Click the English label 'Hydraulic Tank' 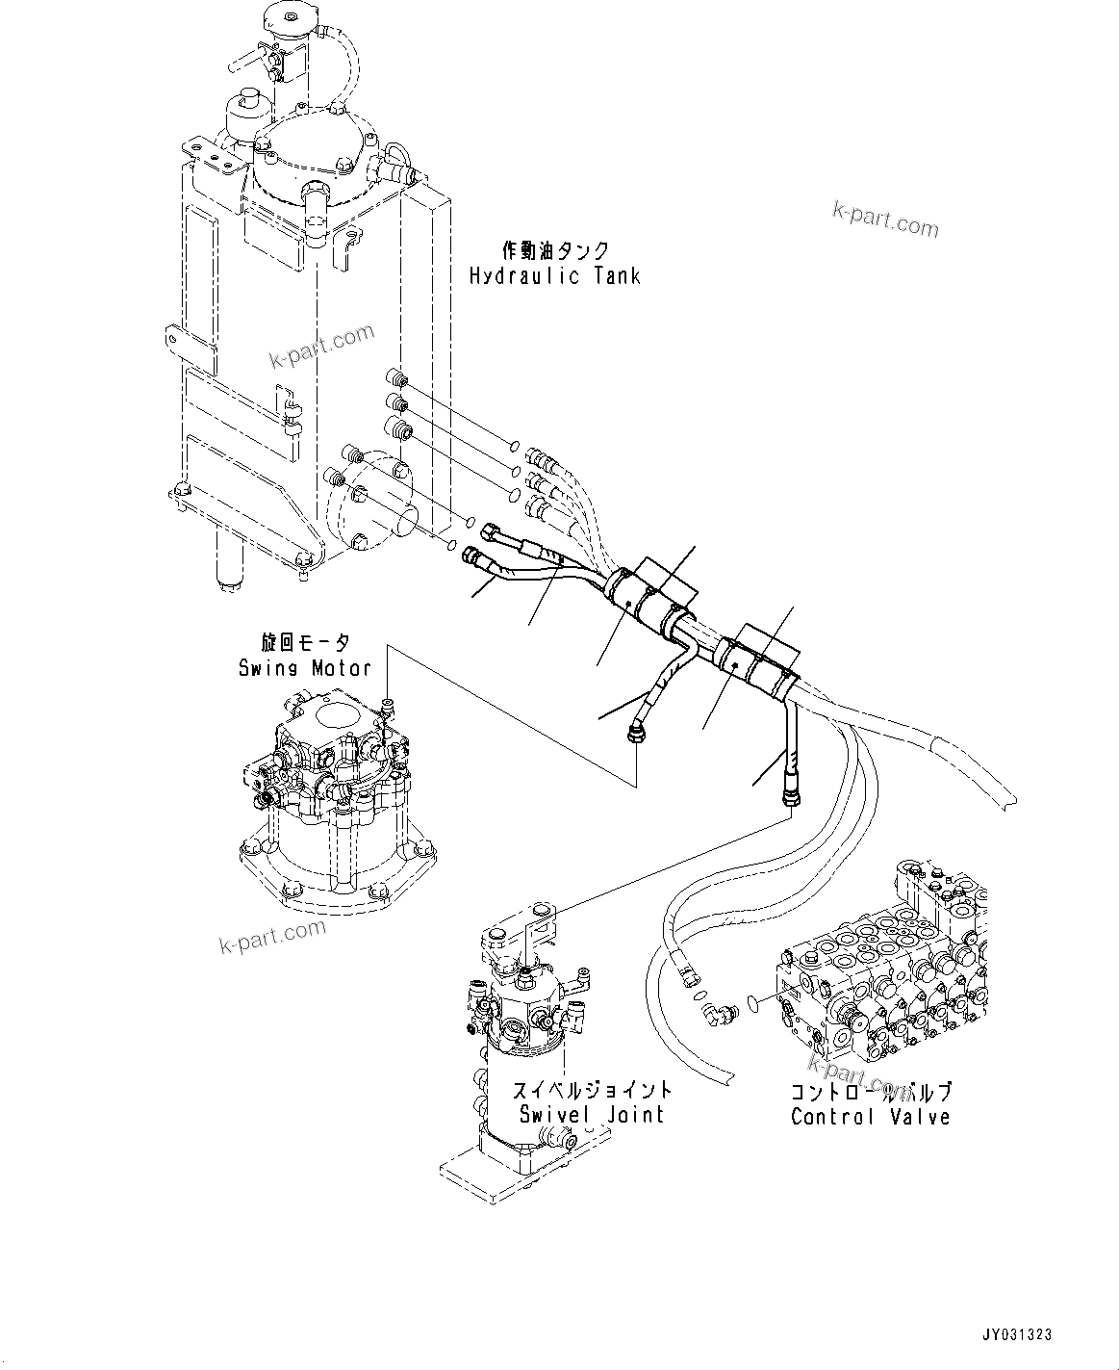click(554, 276)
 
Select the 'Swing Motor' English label click(305, 667)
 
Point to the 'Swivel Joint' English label click(591, 1114)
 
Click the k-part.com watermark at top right click(885, 220)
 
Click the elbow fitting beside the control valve click(717, 1012)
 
